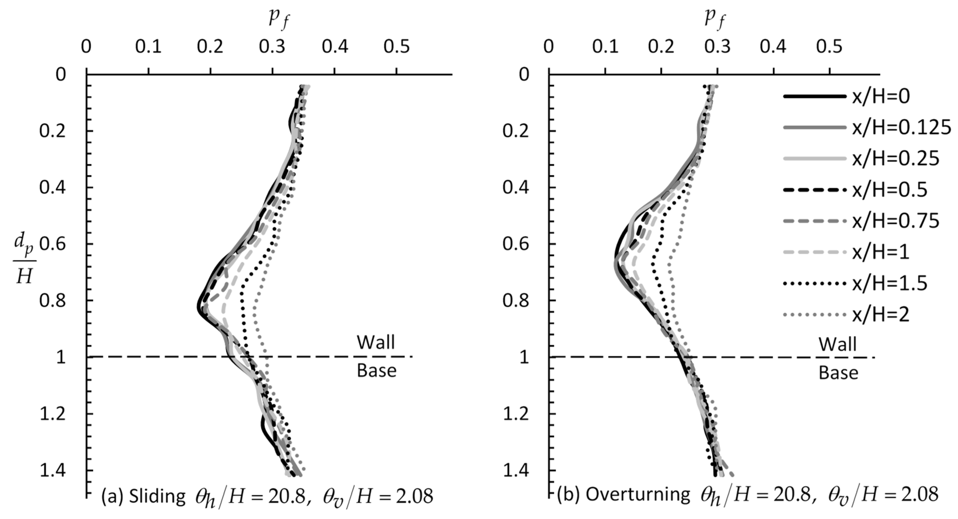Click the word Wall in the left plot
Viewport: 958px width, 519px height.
376,342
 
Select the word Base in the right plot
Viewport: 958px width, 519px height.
838,373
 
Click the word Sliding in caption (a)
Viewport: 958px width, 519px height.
157,496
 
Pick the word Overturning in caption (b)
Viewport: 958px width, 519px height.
638,495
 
